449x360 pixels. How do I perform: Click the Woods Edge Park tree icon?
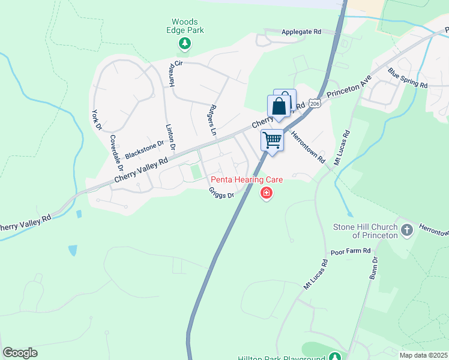click(x=185, y=43)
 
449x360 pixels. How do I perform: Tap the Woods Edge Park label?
click(x=187, y=25)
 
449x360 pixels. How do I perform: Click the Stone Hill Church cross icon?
click(x=406, y=230)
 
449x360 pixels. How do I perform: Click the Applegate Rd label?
click(x=301, y=31)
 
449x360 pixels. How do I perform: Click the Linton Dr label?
click(x=170, y=137)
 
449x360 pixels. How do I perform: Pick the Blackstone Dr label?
click(x=144, y=150)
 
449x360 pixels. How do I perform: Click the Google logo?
click(x=20, y=353)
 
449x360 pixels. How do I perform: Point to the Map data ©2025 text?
click(x=423, y=355)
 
